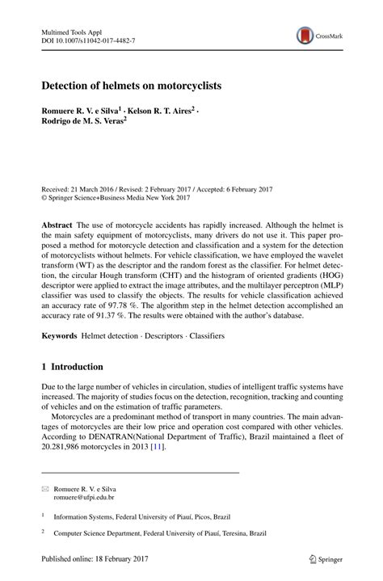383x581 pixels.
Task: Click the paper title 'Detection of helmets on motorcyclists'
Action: [x=132, y=84]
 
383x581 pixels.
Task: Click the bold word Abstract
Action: [x=57, y=223]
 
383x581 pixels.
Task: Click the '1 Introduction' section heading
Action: [x=73, y=366]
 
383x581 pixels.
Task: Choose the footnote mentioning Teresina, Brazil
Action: [x=161, y=533]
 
